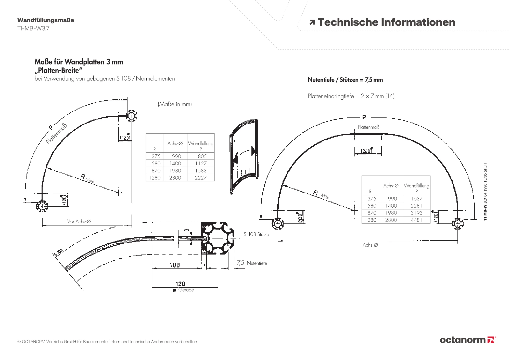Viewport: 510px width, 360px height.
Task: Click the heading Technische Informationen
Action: click(x=386, y=22)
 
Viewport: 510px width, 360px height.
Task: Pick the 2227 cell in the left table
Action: click(x=201, y=178)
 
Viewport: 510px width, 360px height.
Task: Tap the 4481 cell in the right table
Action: click(x=416, y=220)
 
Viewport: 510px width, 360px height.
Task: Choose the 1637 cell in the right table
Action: click(x=416, y=199)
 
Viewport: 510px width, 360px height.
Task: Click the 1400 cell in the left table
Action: click(x=175, y=164)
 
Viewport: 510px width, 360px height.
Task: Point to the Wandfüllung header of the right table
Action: click(x=416, y=186)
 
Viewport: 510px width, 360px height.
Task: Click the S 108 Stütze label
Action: click(x=256, y=234)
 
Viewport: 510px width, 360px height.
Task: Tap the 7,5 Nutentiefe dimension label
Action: click(x=252, y=263)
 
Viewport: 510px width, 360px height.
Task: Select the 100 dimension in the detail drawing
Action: click(x=175, y=265)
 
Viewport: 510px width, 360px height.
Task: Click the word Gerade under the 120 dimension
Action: click(x=186, y=290)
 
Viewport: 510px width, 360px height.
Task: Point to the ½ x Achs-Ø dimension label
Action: click(x=79, y=222)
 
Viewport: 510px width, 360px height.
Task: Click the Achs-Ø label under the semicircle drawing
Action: click(x=370, y=245)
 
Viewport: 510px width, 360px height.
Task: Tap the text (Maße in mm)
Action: click(x=175, y=104)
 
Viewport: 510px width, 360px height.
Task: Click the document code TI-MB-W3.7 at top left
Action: click(x=33, y=28)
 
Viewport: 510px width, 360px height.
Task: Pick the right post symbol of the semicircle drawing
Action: click(x=457, y=224)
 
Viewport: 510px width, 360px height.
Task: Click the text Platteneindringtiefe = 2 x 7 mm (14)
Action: click(x=351, y=96)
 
